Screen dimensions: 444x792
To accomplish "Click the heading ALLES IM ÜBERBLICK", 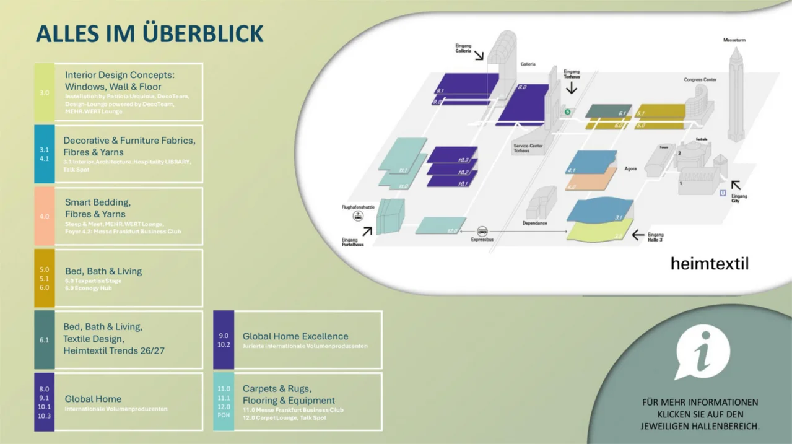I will click(149, 33).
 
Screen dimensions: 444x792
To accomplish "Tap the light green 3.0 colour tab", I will click(44, 92).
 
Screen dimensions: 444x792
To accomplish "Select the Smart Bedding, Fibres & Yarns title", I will click(97, 208).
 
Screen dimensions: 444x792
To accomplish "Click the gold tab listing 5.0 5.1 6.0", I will click(44, 278).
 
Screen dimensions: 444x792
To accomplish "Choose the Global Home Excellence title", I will click(295, 336).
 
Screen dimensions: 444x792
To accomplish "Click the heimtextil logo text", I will click(709, 264).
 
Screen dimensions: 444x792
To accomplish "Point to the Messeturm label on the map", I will click(734, 40).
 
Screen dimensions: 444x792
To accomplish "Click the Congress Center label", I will click(700, 80).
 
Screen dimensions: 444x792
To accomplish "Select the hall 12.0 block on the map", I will click(440, 225).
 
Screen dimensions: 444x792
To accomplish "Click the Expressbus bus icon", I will click(482, 231).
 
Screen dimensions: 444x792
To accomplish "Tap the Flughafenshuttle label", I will click(358, 207).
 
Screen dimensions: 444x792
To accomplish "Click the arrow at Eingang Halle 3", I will click(638, 235).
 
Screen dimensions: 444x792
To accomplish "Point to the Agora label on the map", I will click(630, 168).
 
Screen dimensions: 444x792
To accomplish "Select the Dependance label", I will click(534, 223).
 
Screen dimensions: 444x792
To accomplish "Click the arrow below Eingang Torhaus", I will click(571, 88).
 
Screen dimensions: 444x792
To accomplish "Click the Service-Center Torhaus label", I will click(528, 148).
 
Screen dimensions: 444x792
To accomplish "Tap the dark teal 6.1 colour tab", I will click(44, 340).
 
